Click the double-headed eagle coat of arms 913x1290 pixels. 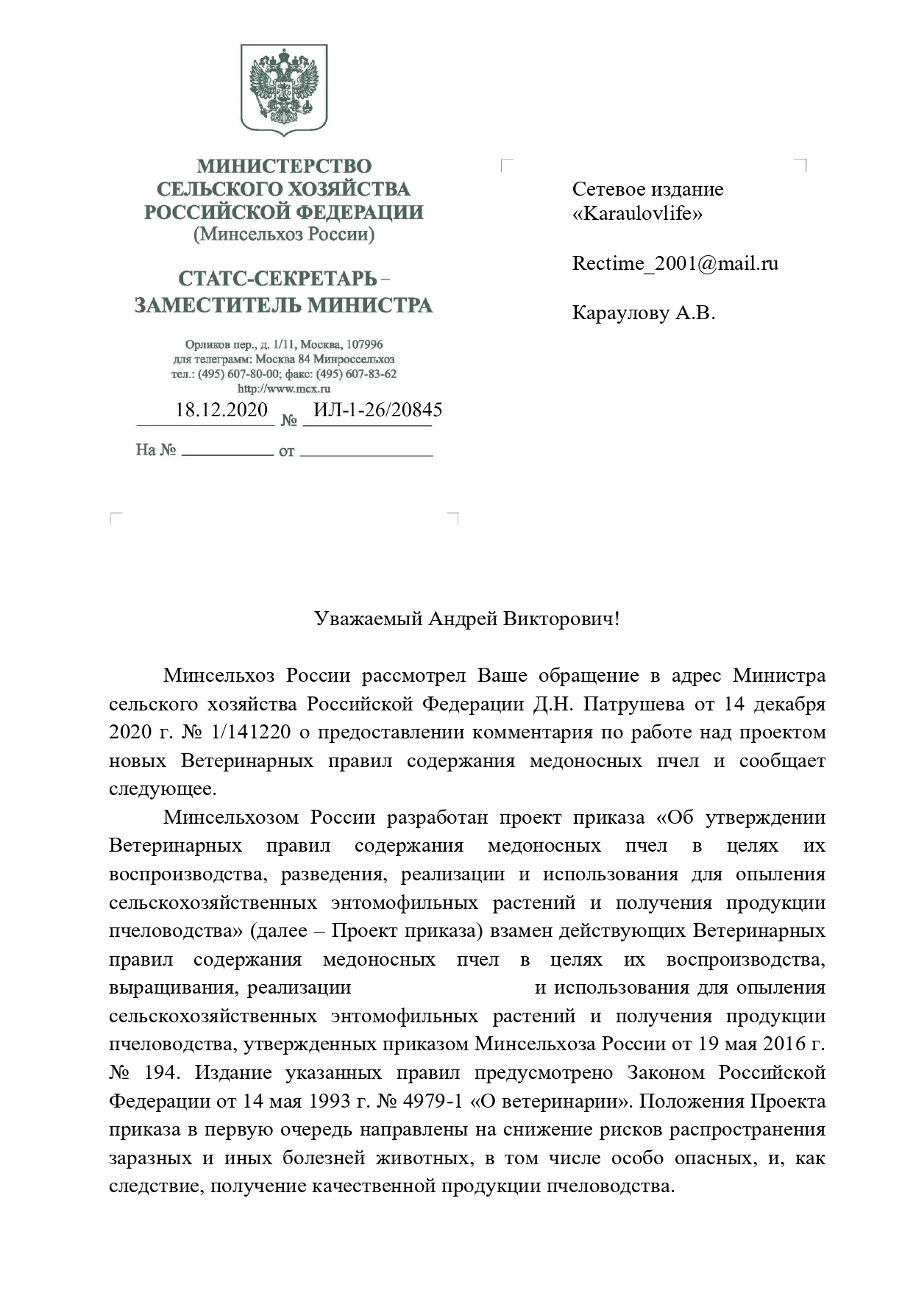284,89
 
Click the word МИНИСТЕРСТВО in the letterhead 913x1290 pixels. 284,166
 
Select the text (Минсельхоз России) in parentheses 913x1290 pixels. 284,235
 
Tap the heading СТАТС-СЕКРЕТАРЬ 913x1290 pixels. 277,279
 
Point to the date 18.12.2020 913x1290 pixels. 221,410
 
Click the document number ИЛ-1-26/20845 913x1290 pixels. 377,410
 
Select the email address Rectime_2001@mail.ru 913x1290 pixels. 675,264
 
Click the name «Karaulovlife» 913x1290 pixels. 637,214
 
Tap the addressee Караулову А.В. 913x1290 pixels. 643,313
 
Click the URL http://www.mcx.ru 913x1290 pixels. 284,388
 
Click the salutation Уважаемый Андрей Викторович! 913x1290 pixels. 466,619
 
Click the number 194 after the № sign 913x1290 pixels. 161,1073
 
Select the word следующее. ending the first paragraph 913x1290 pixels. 163,789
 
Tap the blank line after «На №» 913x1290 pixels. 227,451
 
